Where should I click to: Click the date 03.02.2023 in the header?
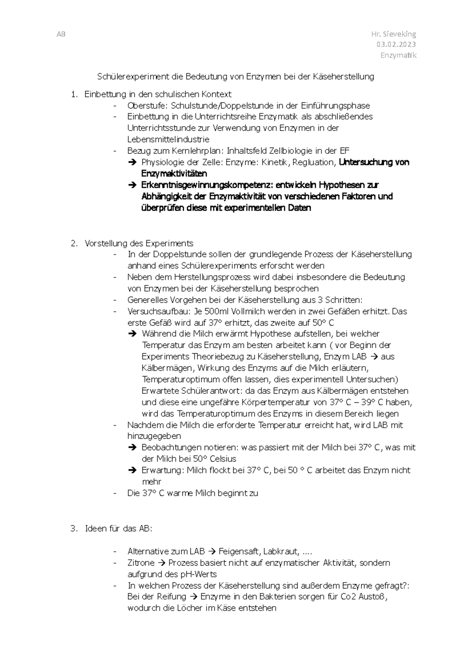pyautogui.click(x=396, y=44)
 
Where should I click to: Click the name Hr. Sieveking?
pyautogui.click(x=393, y=34)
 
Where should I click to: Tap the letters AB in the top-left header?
pyautogui.click(x=61, y=34)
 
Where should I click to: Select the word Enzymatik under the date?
pyautogui.click(x=398, y=55)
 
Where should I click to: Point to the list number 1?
pyautogui.click(x=74, y=94)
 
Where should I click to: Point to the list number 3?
pyautogui.click(x=74, y=529)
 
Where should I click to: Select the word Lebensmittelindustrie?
pyautogui.click(x=168, y=139)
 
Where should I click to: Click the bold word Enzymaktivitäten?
pyautogui.click(x=174, y=173)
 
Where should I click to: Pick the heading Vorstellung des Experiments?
pyautogui.click(x=138, y=243)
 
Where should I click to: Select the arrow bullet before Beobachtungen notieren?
pyautogui.click(x=133, y=448)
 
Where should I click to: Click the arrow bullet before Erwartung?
pyautogui.click(x=133, y=471)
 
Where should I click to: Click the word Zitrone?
pyautogui.click(x=141, y=563)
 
